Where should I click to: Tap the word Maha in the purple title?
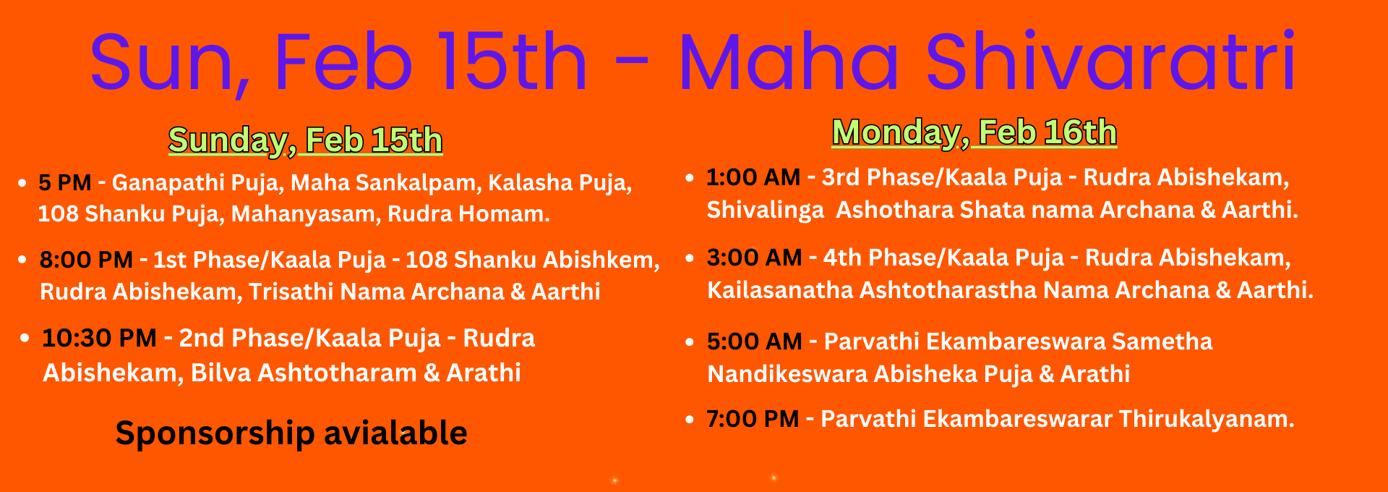point(789,63)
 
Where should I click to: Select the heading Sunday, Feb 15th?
point(305,140)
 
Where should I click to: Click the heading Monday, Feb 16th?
point(974,132)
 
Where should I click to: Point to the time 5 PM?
point(65,182)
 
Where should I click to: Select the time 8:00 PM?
point(86,260)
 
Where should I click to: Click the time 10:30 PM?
point(99,338)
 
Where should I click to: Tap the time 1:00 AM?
point(753,177)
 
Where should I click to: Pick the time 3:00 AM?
point(755,258)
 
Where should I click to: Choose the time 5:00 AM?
point(755,342)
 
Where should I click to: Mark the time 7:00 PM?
point(753,419)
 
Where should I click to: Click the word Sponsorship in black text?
point(215,434)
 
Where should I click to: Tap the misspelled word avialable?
point(395,433)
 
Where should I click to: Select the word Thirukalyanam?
point(1207,419)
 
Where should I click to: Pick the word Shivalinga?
point(765,211)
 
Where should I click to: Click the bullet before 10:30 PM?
point(25,338)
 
